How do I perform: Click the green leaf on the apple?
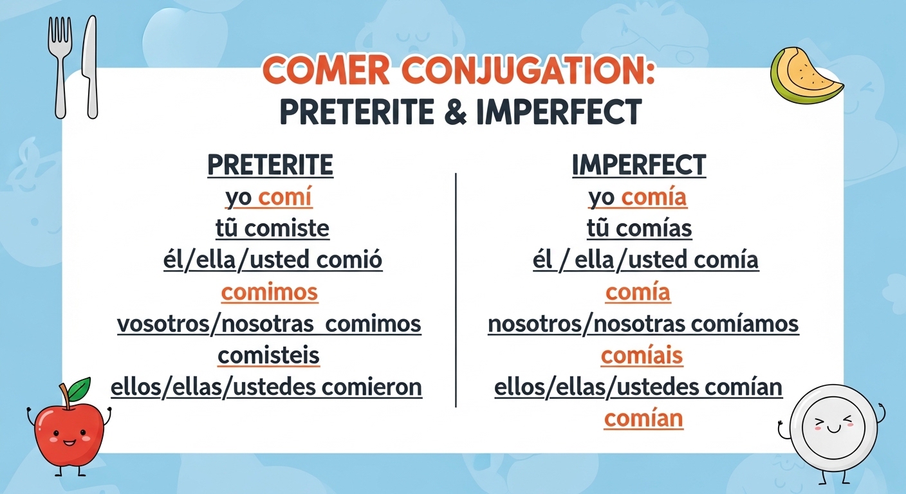click(x=79, y=388)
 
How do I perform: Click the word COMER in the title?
click(x=329, y=71)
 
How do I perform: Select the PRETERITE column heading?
click(x=270, y=165)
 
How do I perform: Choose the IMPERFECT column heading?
click(x=638, y=165)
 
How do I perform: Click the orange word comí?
click(x=285, y=197)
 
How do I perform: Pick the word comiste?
click(x=288, y=228)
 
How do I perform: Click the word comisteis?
click(x=268, y=356)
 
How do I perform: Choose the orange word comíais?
click(x=642, y=356)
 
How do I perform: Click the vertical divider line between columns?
click(x=456, y=289)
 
